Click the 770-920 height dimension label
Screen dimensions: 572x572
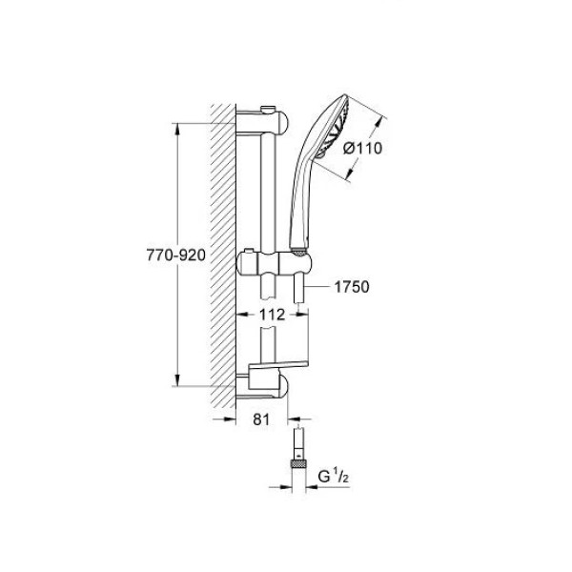[175, 255]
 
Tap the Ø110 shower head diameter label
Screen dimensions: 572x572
[362, 148]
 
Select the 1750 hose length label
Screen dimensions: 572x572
[352, 287]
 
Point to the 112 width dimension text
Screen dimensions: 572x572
[272, 315]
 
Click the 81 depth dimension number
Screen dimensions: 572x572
[261, 419]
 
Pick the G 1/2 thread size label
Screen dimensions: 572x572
[333, 477]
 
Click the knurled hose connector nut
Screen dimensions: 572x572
[298, 464]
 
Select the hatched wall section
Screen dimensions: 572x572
[223, 255]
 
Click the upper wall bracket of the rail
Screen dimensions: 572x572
[263, 122]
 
